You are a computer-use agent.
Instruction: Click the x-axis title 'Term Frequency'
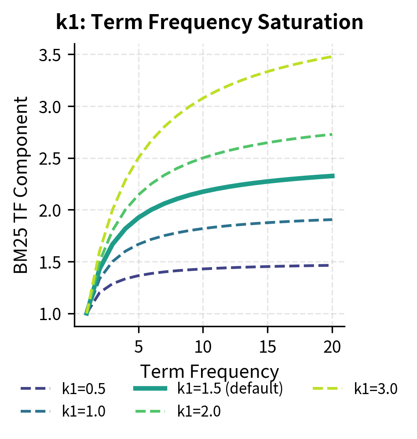pos(209,372)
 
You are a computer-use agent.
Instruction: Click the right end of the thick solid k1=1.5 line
pos(333,176)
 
